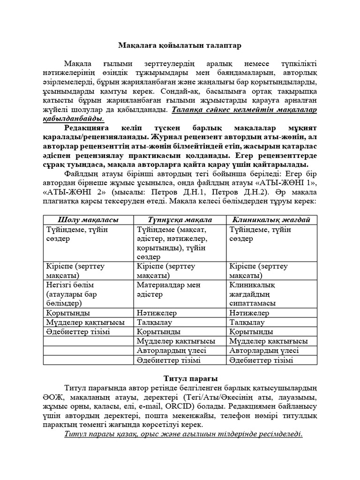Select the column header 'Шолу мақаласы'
coord(88,219)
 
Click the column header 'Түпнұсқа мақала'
coord(180,219)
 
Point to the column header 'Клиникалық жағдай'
coord(271,219)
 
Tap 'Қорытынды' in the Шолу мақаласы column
coord(68,313)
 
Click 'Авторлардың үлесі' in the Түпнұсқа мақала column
coord(171,351)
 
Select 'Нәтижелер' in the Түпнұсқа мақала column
coord(157,313)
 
